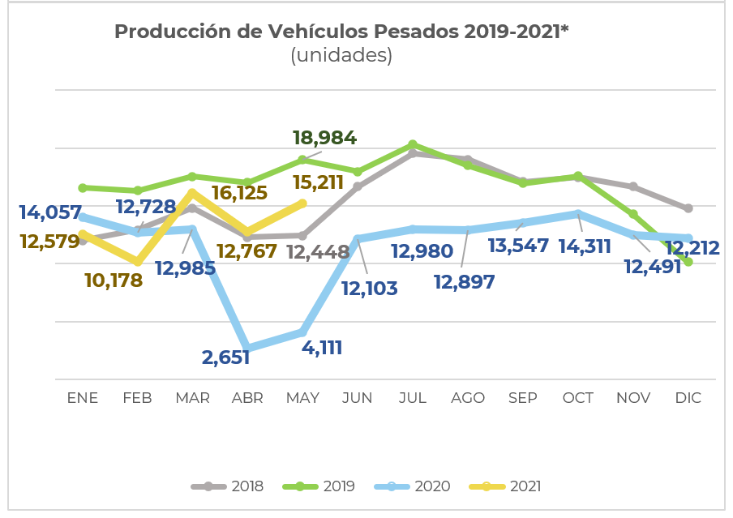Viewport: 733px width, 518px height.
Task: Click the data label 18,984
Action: [324, 137]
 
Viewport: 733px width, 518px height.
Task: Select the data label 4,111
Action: [322, 348]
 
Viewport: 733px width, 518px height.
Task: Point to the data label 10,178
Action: [114, 280]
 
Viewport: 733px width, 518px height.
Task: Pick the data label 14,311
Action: [584, 246]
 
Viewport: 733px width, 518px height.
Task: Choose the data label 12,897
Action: [464, 281]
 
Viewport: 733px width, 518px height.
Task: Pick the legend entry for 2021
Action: [525, 486]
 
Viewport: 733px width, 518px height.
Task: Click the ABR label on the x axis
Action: [247, 398]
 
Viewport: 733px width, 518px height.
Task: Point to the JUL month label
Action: [413, 398]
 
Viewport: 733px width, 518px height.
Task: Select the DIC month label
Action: [688, 398]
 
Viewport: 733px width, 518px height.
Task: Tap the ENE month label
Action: [82, 398]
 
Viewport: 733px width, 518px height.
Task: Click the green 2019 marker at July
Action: [413, 144]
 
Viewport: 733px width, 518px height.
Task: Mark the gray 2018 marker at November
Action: [633, 186]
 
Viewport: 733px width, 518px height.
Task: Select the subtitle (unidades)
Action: [341, 55]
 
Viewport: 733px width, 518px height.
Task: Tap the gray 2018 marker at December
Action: [688, 208]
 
